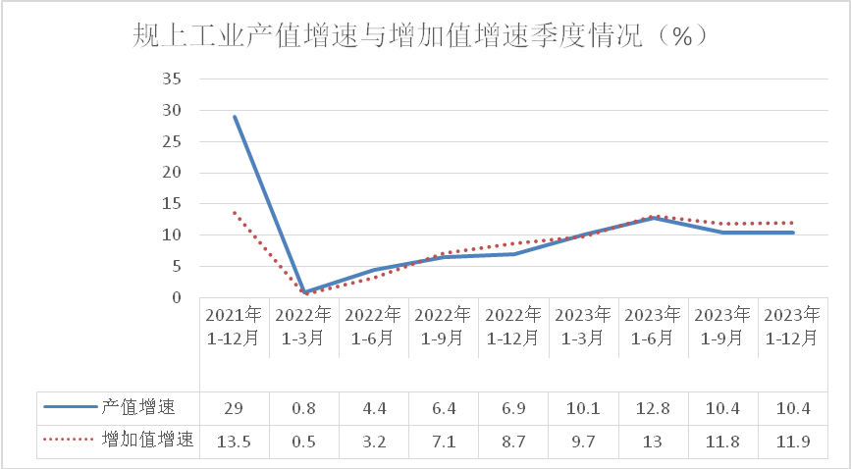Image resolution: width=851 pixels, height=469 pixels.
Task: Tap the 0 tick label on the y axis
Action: pos(177,297)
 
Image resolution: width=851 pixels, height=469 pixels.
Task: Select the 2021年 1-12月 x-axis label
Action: pos(234,326)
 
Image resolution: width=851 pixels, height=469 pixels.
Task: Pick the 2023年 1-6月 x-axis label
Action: pos(654,326)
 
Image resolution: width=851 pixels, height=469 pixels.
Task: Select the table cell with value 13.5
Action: pos(234,441)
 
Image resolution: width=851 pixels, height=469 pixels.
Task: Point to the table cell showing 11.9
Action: pos(793,441)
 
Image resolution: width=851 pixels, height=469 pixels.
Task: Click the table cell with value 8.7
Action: pos(514,441)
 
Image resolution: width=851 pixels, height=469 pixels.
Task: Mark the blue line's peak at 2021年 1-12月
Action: pos(235,117)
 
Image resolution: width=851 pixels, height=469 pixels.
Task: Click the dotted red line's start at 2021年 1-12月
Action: pos(235,213)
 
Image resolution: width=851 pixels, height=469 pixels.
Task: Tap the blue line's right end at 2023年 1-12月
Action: pos(793,233)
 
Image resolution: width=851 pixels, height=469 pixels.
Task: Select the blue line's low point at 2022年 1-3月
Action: pos(304,292)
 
